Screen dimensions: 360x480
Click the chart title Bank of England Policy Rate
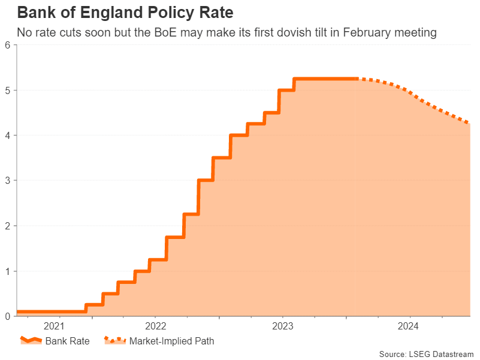(x=125, y=12)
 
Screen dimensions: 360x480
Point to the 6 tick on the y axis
(x=7, y=45)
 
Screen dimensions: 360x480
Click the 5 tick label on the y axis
(x=7, y=90)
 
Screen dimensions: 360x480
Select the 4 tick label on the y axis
(x=7, y=135)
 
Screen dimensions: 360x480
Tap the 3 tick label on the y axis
(x=7, y=180)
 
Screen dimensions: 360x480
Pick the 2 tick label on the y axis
(x=7, y=226)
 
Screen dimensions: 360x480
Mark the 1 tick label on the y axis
(x=7, y=271)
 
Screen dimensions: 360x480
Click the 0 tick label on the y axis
(x=7, y=316)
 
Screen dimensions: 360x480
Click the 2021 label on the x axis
(x=53, y=326)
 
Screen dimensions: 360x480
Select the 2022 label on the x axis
(x=155, y=326)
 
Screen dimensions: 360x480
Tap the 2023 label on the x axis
(x=282, y=326)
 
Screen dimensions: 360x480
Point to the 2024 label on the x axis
(x=409, y=326)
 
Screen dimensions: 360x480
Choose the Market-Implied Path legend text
(x=171, y=341)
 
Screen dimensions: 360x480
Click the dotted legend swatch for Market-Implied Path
(x=115, y=341)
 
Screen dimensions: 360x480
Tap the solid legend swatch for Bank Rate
(x=31, y=341)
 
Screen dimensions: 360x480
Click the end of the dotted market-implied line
(x=469, y=124)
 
